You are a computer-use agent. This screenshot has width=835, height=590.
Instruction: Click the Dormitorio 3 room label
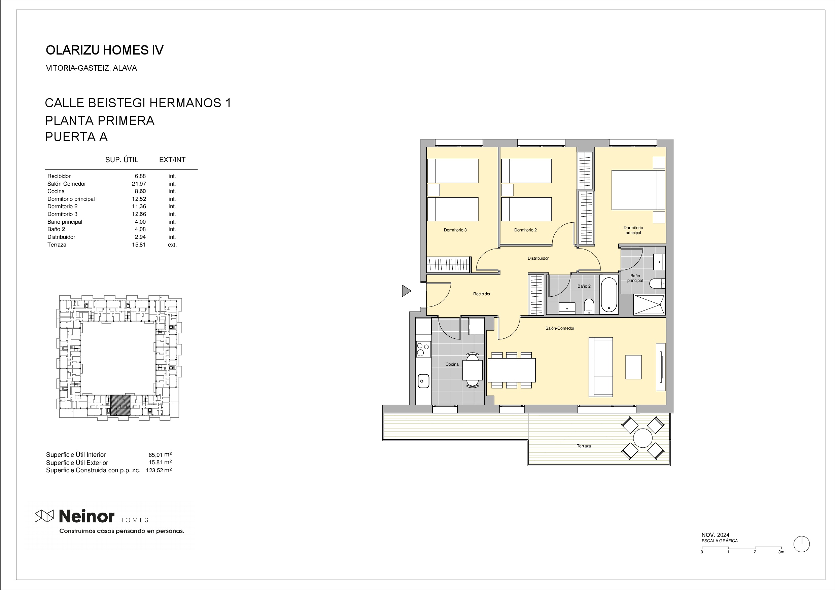[x=455, y=230]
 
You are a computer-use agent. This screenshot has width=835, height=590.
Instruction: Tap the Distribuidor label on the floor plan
[x=538, y=258]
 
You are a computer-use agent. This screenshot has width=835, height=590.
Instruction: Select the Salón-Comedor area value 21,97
[x=139, y=184]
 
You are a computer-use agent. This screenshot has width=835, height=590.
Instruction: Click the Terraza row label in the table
[x=57, y=245]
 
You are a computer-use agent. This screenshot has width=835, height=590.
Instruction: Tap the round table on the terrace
[x=642, y=438]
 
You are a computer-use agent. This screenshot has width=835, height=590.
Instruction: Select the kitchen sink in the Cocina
[x=423, y=381]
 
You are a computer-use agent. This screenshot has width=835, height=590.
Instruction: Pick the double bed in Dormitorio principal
[x=638, y=190]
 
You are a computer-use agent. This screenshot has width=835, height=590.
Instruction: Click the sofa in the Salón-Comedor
[x=601, y=367]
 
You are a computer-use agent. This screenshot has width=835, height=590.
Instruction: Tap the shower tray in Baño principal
[x=649, y=305]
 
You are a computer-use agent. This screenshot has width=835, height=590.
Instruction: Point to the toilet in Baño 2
[x=589, y=306]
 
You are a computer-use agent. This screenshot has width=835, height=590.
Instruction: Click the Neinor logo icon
[x=44, y=516]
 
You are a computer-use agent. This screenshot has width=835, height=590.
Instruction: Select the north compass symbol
[x=802, y=544]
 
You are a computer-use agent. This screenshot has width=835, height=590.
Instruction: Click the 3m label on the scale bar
[x=781, y=552]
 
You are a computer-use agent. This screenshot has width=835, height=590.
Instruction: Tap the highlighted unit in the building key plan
[x=120, y=405]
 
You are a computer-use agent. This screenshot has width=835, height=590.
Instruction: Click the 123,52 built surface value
[x=154, y=470]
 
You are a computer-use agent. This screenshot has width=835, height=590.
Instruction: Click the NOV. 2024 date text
[x=715, y=535]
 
